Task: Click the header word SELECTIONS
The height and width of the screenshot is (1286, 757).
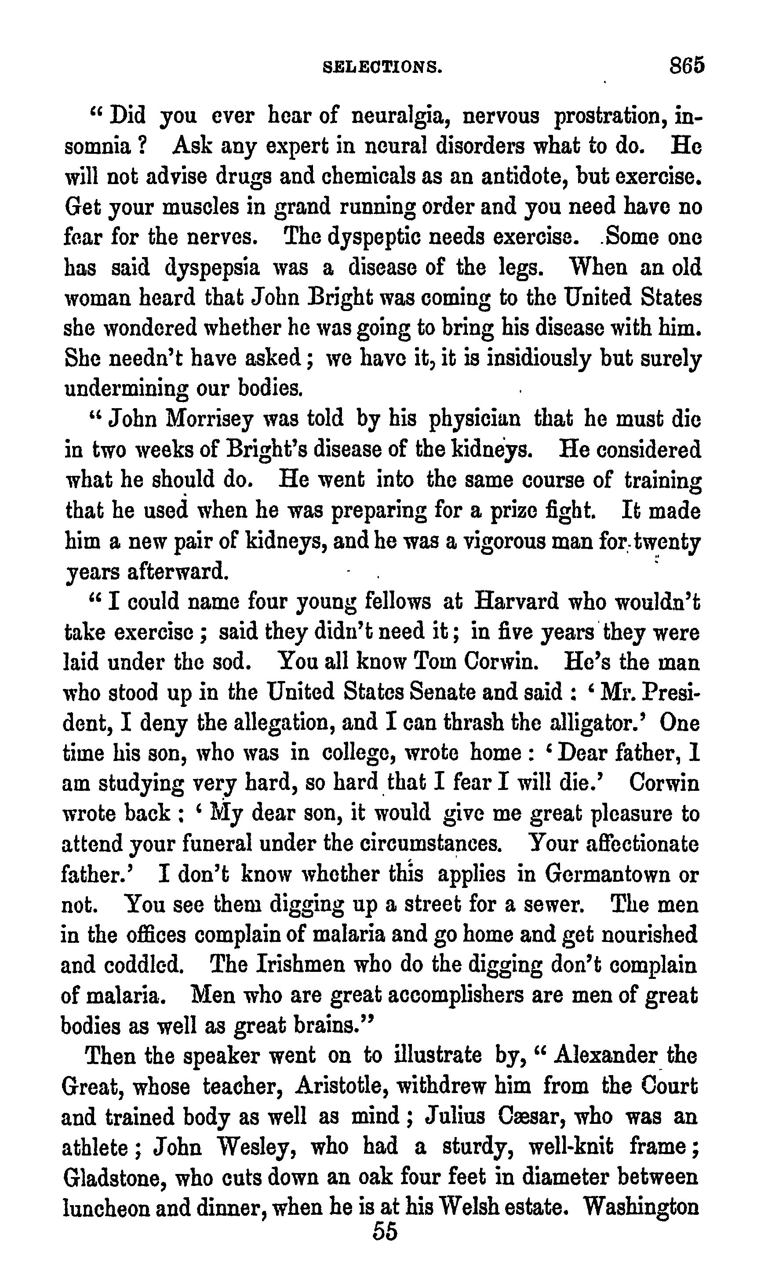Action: click(x=383, y=67)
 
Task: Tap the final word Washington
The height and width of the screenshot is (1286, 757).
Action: click(x=641, y=1207)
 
